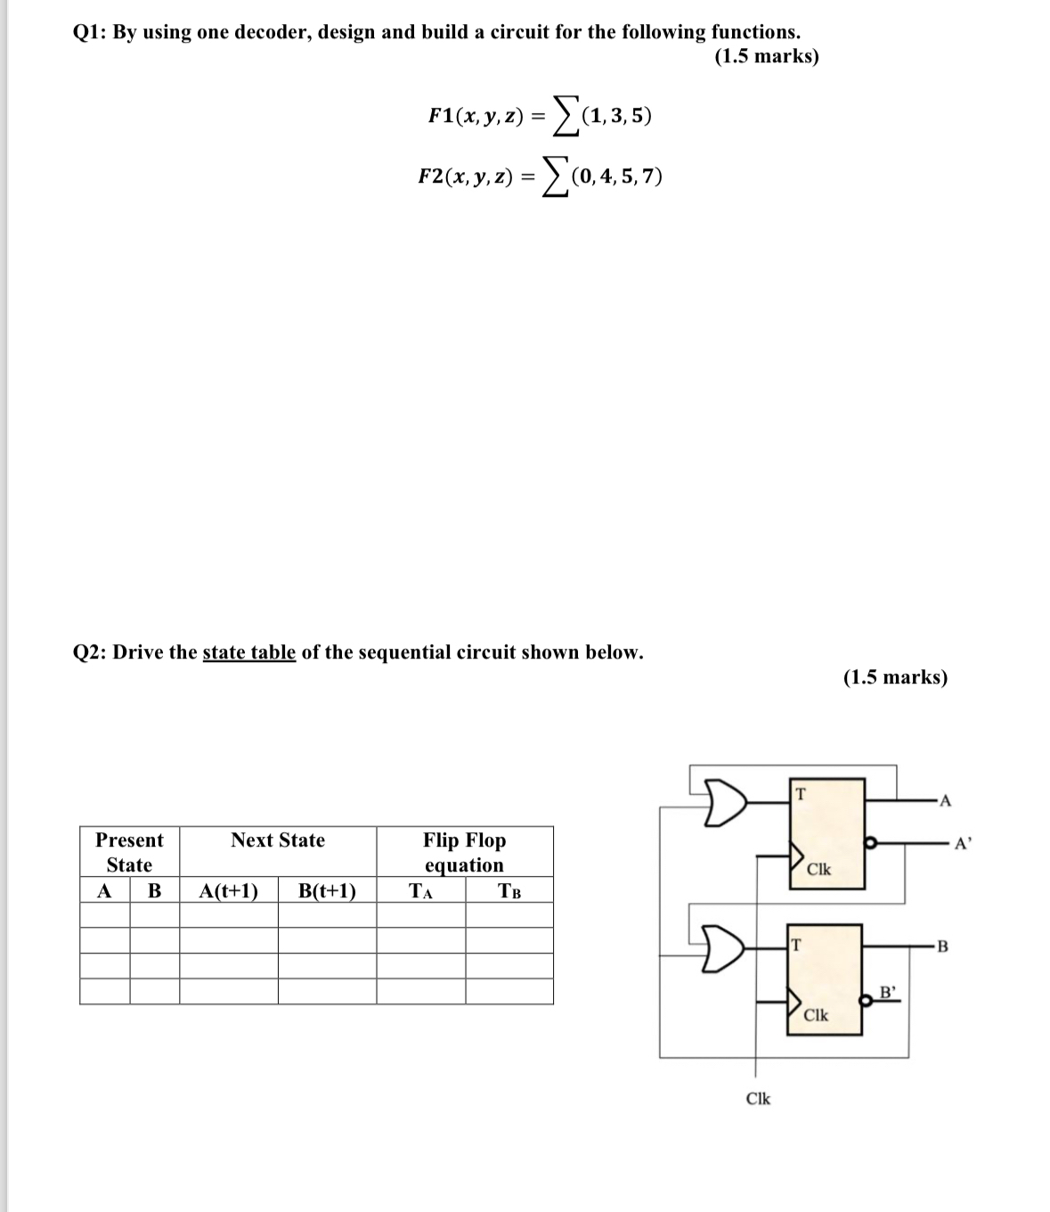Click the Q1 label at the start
88,33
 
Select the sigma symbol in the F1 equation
563,116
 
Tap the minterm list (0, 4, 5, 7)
618,176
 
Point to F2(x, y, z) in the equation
465,176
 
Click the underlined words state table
248,652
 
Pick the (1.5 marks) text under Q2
895,677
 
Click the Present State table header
129,852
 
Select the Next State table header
278,840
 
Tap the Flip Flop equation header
464,852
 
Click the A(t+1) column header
229,891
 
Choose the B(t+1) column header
327,891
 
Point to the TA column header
420,891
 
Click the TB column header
509,891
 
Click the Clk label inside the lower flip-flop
816,1015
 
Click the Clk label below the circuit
758,1099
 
